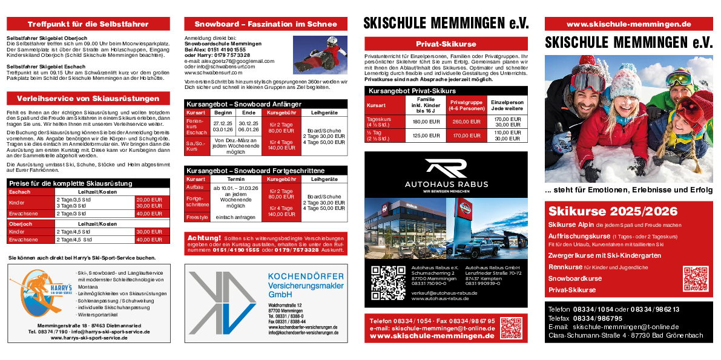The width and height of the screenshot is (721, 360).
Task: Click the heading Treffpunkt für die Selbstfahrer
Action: [88, 24]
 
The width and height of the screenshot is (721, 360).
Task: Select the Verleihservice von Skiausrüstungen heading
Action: [88, 99]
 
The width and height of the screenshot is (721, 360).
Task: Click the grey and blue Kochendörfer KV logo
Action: [222, 303]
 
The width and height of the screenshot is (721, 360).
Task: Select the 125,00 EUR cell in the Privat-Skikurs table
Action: [426, 136]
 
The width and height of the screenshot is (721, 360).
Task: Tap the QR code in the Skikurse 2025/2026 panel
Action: [695, 278]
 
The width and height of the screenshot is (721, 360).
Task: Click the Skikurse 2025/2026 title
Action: [612, 211]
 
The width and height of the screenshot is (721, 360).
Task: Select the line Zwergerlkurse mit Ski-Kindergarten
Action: [604, 255]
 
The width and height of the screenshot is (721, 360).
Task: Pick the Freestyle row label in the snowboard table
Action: [197, 217]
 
